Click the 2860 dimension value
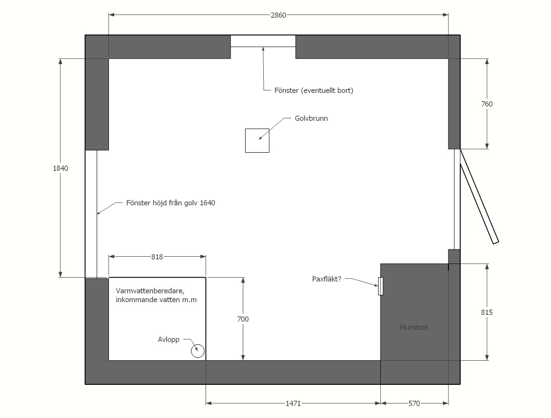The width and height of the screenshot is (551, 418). [278, 15]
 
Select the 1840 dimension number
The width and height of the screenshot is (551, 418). [60, 168]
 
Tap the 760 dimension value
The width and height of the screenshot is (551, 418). [487, 104]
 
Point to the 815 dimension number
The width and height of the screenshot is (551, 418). [487, 312]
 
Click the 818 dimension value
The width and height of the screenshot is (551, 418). [157, 257]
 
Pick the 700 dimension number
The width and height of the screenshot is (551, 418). [243, 319]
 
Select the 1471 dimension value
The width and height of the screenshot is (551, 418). [293, 403]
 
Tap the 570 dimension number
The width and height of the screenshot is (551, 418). [414, 403]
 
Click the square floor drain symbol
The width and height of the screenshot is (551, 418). [257, 140]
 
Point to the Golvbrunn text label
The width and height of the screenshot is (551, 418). [311, 118]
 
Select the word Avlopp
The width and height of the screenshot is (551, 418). [168, 340]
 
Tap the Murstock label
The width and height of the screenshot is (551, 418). [414, 327]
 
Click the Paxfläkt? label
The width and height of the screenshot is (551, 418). [327, 279]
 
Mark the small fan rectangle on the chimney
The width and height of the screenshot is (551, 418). [380, 286]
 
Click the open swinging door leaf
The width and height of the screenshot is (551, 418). [479, 196]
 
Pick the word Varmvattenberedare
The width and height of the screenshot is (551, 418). [150, 291]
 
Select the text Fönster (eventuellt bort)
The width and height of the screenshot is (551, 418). [314, 90]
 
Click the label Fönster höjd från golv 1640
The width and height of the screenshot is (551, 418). [171, 203]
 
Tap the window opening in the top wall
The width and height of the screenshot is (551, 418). [263, 41]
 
